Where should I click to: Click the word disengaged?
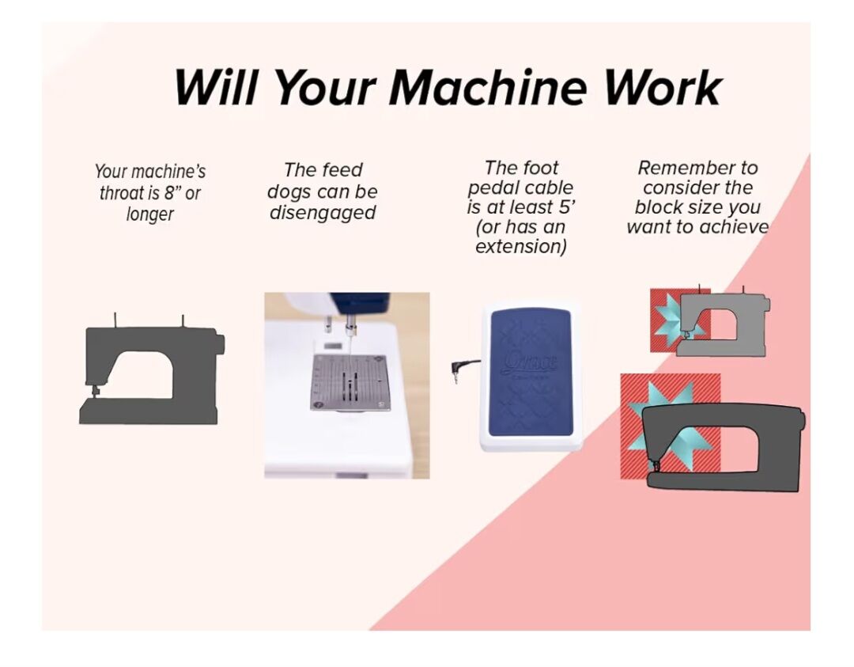(323, 213)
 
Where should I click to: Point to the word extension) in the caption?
(520, 247)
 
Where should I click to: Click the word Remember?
(697, 168)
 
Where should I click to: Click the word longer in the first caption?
(149, 214)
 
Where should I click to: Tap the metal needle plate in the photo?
(349, 381)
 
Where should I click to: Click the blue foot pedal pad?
(530, 373)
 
